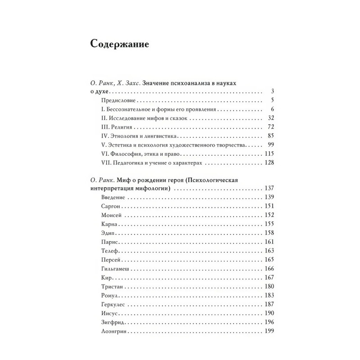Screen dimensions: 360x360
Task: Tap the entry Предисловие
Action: [119, 100]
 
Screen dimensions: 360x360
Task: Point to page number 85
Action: [270, 136]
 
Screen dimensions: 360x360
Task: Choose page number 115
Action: [269, 154]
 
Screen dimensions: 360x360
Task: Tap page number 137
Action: [269, 188]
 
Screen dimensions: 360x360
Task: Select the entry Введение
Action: [113, 197]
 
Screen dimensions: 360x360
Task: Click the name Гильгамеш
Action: [117, 269]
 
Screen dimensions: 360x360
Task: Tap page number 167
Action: [269, 278]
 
